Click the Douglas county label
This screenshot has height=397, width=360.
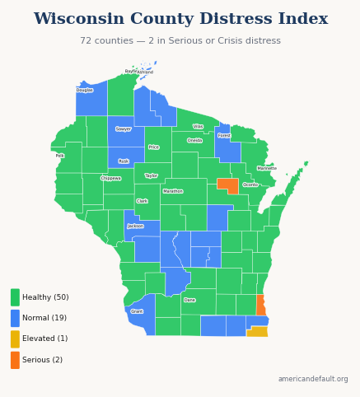[84, 90]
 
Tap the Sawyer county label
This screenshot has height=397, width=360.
[124, 128]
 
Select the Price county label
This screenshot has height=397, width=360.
[153, 147]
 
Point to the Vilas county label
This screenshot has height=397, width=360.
[198, 126]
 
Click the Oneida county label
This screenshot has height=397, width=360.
[194, 140]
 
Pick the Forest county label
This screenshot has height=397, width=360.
[224, 135]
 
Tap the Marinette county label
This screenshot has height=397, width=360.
[267, 168]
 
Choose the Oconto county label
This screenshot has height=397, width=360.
[250, 184]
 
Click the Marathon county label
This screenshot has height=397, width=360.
[173, 191]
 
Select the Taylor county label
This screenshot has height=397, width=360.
[151, 175]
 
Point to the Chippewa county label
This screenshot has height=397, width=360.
[110, 178]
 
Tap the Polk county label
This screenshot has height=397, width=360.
[59, 155]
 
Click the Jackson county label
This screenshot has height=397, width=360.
[135, 226]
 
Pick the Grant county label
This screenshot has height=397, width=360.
[137, 311]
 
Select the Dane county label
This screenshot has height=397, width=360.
[189, 300]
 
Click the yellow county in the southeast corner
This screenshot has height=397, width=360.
[257, 331]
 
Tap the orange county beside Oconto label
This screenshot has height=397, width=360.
[227, 185]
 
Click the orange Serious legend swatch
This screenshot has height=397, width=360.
[15, 360]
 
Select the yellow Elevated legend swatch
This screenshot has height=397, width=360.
[15, 339]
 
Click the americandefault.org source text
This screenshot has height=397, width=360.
[313, 379]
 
